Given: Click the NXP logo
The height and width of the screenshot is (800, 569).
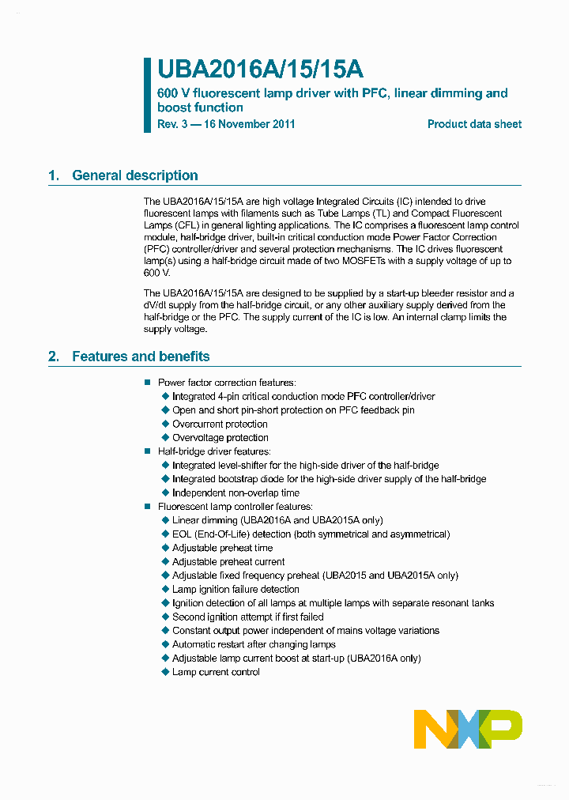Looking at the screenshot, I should pyautogui.click(x=468, y=729).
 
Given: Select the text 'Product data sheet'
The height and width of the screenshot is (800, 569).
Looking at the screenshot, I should pyautogui.click(x=474, y=124).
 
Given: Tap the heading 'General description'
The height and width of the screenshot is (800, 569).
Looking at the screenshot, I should pyautogui.click(x=134, y=175).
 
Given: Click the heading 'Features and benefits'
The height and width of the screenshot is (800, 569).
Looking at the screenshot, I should pyautogui.click(x=141, y=357).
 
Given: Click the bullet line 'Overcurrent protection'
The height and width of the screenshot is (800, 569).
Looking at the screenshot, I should pyautogui.click(x=220, y=424).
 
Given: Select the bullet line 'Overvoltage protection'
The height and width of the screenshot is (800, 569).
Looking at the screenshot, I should pyautogui.click(x=220, y=437).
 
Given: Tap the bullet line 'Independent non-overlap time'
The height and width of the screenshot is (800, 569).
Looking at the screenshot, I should pyautogui.click(x=236, y=492).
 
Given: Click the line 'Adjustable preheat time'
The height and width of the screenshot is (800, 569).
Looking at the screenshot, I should pyautogui.click(x=222, y=548).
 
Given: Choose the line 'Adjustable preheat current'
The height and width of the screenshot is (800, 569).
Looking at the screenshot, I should pyautogui.click(x=228, y=561).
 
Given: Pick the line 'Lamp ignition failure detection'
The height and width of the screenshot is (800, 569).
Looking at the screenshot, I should pyautogui.click(x=236, y=589).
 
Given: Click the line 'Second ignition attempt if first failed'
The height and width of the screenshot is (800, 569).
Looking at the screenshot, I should pyautogui.click(x=247, y=617).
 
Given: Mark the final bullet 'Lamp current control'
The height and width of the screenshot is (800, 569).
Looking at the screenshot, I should pyautogui.click(x=216, y=672).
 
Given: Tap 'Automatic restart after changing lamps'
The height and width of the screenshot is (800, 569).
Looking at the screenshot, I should pyautogui.click(x=254, y=644).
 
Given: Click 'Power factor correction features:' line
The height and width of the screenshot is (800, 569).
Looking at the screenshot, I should pyautogui.click(x=227, y=383).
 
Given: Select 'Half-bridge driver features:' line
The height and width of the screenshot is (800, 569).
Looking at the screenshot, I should pyautogui.click(x=214, y=451).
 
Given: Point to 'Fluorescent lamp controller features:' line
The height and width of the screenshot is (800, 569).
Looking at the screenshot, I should pyautogui.click(x=235, y=507).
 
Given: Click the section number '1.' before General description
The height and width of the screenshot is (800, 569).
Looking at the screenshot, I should pyautogui.click(x=54, y=175).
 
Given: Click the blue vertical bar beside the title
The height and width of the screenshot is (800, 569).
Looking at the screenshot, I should pyautogui.click(x=147, y=95).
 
